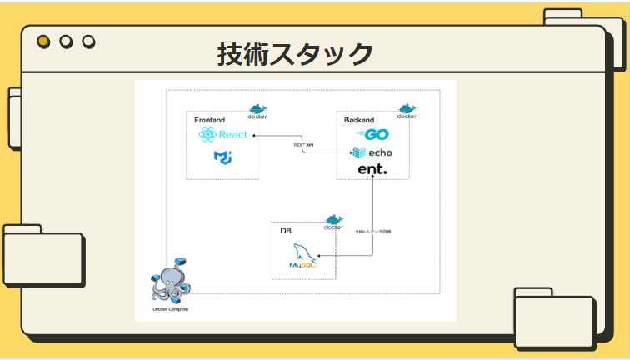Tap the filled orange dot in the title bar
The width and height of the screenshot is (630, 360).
click(x=43, y=42)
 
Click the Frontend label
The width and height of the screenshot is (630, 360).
click(x=209, y=121)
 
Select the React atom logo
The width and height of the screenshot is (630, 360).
click(x=207, y=135)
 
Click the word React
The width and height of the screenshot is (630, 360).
click(x=233, y=135)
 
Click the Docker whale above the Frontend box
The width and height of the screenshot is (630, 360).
click(x=257, y=111)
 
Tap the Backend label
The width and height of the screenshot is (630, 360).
click(x=359, y=121)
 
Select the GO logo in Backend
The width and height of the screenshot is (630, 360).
click(x=372, y=135)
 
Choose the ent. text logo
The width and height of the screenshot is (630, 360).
click(x=372, y=169)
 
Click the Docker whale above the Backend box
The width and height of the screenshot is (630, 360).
click(x=407, y=111)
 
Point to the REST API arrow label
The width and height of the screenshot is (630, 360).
click(x=303, y=145)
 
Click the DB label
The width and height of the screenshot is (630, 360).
click(x=285, y=231)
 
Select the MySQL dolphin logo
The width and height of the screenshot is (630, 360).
click(x=304, y=256)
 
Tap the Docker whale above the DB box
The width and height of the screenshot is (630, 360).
click(x=334, y=222)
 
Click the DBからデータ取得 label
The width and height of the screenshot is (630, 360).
click(x=373, y=231)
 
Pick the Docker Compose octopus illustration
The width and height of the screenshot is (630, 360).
click(x=171, y=281)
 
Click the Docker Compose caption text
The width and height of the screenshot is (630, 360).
click(x=171, y=309)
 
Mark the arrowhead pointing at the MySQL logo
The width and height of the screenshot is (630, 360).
click(x=322, y=257)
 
